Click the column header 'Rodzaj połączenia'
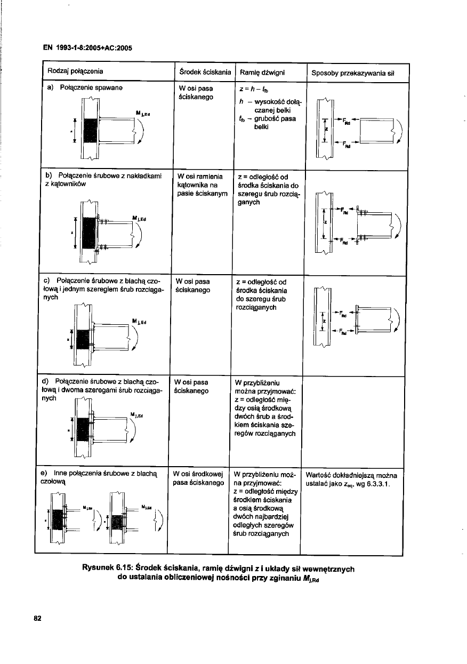point(75,71)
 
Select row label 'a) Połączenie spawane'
point(83,87)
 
